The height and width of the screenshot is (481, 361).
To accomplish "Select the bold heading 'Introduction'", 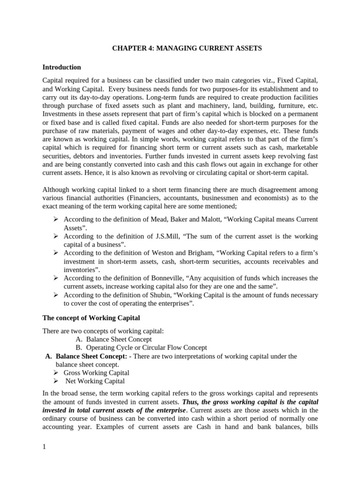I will coord(62,67).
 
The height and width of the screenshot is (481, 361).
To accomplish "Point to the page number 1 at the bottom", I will coord(44,447).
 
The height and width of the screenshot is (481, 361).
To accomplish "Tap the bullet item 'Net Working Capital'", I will coord(95,381).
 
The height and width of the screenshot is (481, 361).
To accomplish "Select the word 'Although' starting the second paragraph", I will coord(56,190).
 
